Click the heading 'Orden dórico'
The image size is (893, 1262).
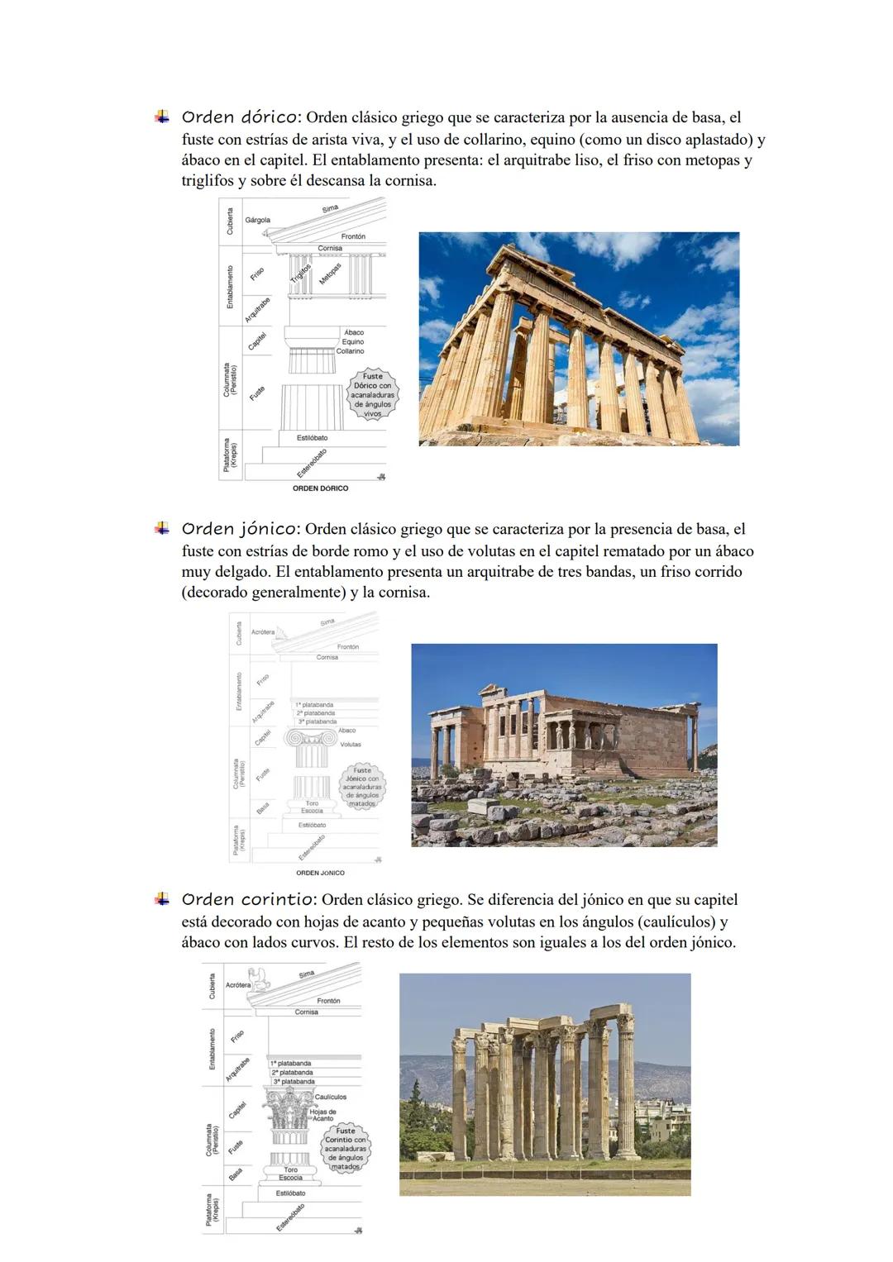click(x=241, y=117)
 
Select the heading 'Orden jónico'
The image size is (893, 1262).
click(x=241, y=529)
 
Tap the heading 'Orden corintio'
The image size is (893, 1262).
click(x=249, y=899)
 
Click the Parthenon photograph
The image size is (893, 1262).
click(x=579, y=339)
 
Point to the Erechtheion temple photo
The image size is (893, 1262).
click(x=564, y=745)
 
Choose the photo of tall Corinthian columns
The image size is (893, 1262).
click(x=545, y=1084)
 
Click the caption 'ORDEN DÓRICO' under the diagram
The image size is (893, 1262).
click(x=321, y=488)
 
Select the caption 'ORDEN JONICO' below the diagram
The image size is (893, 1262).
click(x=320, y=873)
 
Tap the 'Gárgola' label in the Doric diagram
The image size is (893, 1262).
click(x=257, y=221)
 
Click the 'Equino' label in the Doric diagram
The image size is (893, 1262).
click(x=353, y=341)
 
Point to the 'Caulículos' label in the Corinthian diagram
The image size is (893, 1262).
click(x=331, y=1097)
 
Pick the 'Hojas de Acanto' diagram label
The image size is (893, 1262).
click(x=322, y=1115)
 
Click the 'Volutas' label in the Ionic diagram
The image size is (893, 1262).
click(x=351, y=744)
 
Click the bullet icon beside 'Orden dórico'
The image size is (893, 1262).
click(x=162, y=117)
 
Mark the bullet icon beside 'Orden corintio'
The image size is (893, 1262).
click(x=162, y=899)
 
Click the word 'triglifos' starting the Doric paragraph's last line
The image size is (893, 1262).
click(x=208, y=181)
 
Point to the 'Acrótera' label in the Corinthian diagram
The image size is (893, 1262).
click(x=238, y=985)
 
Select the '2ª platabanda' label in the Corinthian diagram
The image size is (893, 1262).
click(x=293, y=1072)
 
